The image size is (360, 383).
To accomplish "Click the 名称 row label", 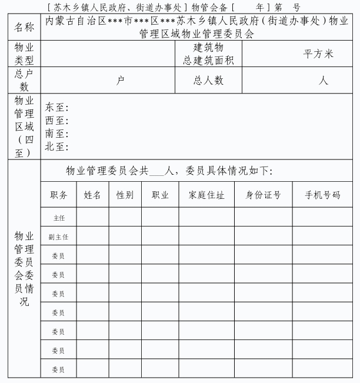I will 24,28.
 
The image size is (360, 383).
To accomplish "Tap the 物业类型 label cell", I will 24,54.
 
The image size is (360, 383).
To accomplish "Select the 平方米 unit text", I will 318,54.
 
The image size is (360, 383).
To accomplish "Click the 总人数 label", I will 208,81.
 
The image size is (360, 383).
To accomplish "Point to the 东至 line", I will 58,108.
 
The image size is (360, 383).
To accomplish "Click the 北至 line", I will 58,147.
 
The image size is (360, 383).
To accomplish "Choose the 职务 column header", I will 59,195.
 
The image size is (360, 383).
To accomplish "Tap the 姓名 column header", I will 92,195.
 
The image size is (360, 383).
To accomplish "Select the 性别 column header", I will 125,195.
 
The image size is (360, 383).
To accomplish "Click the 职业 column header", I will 160,195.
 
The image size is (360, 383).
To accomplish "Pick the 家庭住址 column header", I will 206,195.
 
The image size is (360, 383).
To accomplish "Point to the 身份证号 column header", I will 263,195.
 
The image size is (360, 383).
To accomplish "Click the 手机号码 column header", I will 322,195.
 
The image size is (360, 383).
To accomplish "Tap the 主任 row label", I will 59,218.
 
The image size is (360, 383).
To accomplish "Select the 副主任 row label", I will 59,237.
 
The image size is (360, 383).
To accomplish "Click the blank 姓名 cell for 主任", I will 92,218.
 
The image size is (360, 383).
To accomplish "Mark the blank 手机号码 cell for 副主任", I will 322,237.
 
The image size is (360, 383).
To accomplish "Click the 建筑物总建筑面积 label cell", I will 208,54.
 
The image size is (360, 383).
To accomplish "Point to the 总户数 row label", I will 24,81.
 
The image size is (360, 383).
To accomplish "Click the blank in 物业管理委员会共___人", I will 158,172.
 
